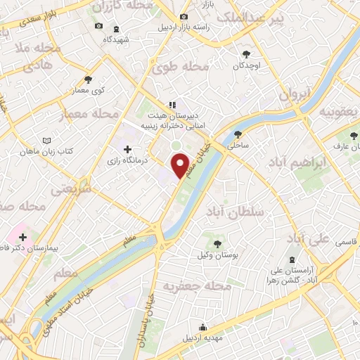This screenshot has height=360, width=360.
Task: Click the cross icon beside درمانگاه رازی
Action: pyautogui.click(x=127, y=149)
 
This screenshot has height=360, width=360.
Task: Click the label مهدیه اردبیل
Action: pyautogui.click(x=202, y=339)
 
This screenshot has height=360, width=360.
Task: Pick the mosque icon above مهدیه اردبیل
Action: pyautogui.click(x=202, y=327)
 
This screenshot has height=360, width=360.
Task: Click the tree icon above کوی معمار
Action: pyautogui.click(x=88, y=79)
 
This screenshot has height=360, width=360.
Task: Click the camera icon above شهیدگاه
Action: pyautogui.click(x=98, y=27)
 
